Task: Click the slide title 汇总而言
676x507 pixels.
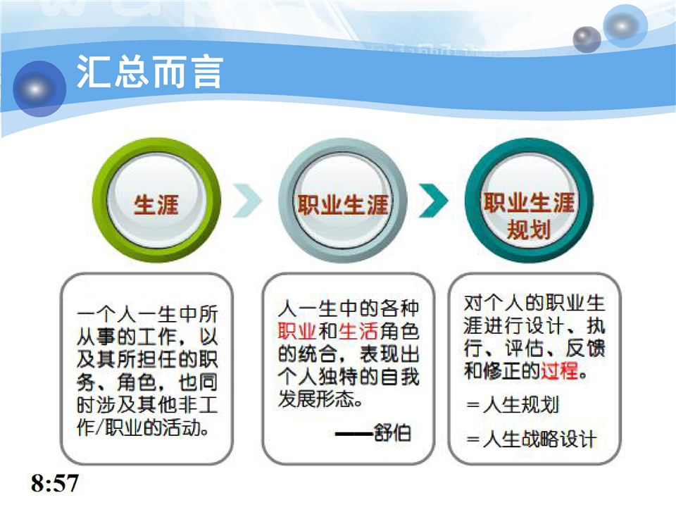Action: pos(149,72)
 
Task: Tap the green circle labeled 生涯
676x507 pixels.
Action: pos(156,200)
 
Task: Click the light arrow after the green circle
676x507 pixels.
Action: pos(247,201)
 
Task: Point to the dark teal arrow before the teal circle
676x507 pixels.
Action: pos(433,201)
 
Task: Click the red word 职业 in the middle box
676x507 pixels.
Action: pos(297,332)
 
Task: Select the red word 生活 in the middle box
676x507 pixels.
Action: pos(358,332)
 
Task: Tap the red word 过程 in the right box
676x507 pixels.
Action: pos(560,371)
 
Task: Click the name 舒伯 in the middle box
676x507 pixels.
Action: pos(392,432)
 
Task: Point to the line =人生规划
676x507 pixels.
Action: pos(513,405)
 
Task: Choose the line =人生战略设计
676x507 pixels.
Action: pos(532,439)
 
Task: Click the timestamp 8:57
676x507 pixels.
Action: pos(55,483)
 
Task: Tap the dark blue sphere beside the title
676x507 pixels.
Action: pos(39,89)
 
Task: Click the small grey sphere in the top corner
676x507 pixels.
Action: pos(587,39)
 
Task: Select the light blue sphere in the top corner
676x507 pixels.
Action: pos(625,26)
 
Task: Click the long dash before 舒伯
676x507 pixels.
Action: pos(354,433)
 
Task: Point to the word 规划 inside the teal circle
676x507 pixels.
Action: pos(529,229)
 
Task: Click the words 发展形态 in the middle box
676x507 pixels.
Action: pos(316,399)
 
